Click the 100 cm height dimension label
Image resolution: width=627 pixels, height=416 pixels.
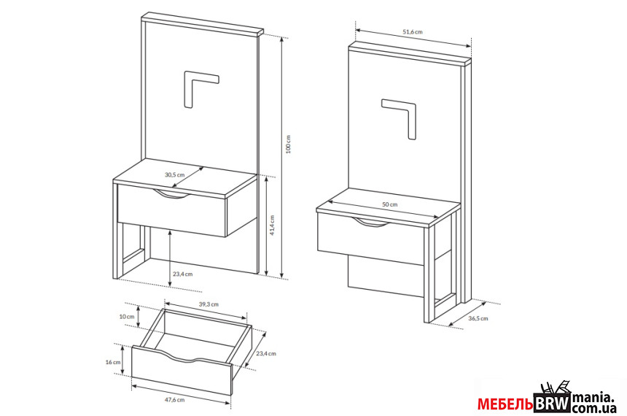click(288, 144)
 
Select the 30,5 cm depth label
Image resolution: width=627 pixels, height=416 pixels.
click(175, 174)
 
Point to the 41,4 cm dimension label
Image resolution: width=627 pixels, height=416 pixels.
click(273, 226)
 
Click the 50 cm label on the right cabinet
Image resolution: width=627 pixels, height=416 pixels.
click(390, 204)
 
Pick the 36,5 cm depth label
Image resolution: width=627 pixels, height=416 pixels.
click(478, 318)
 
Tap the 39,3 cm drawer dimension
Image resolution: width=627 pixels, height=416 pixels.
click(209, 304)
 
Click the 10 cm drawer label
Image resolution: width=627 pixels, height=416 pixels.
click(127, 316)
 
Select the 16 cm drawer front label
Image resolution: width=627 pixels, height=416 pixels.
click(113, 362)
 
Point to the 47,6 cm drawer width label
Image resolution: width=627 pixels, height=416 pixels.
click(175, 400)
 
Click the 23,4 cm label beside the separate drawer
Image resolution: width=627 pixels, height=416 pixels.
click(266, 353)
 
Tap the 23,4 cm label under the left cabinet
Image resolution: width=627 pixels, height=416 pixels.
click(183, 274)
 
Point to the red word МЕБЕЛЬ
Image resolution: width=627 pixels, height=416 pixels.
click(505, 404)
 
